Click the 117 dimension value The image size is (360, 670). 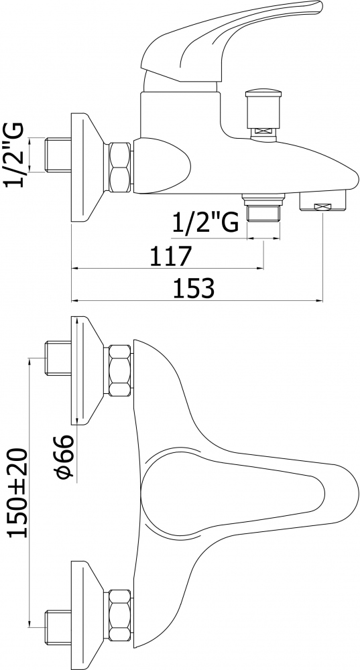pyautogui.click(x=170, y=256)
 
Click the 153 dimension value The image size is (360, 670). pyautogui.click(x=194, y=288)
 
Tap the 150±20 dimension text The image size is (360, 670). pyautogui.click(x=18, y=492)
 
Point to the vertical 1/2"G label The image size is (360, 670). pyautogui.click(x=13, y=155)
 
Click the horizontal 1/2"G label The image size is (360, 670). pyautogui.click(x=205, y=222)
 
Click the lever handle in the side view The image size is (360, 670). pyautogui.click(x=231, y=41)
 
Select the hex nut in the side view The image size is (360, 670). pyautogui.click(x=119, y=167)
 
